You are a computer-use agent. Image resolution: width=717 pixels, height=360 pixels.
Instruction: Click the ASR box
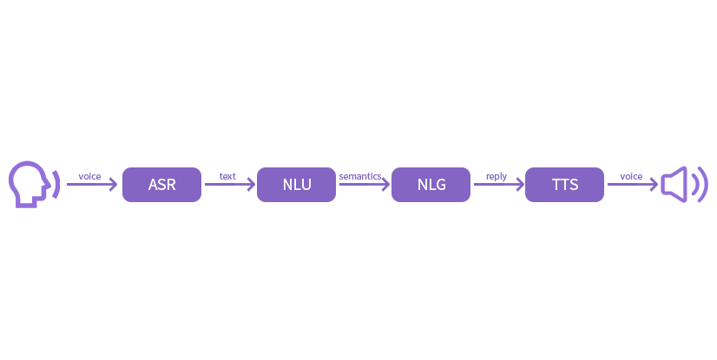point(161,185)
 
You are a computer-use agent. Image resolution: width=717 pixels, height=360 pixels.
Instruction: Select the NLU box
point(296,185)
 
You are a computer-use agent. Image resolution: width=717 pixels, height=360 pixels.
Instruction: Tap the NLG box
point(431,185)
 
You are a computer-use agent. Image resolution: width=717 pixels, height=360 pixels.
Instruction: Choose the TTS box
point(565,185)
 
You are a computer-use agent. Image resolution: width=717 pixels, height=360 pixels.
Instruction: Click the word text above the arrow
point(227,176)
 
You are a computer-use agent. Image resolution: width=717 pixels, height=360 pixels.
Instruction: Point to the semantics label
point(360,176)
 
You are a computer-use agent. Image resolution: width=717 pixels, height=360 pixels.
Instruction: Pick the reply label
point(497,176)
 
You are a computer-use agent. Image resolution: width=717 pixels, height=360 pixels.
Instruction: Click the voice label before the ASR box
point(89,176)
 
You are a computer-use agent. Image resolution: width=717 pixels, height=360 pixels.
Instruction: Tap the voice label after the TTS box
point(631,176)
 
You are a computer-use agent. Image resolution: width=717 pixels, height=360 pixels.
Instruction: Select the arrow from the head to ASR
point(92,185)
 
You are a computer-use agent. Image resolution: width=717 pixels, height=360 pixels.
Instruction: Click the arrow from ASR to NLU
point(230,185)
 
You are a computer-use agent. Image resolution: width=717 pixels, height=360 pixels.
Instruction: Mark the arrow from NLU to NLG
point(365,185)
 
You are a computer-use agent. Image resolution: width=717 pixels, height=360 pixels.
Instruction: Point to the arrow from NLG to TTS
point(499,185)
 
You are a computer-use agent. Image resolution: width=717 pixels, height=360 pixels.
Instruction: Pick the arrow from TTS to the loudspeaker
point(633,185)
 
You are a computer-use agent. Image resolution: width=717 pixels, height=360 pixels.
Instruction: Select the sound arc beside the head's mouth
point(57,184)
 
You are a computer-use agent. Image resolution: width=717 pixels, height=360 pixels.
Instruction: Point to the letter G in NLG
point(440,185)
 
